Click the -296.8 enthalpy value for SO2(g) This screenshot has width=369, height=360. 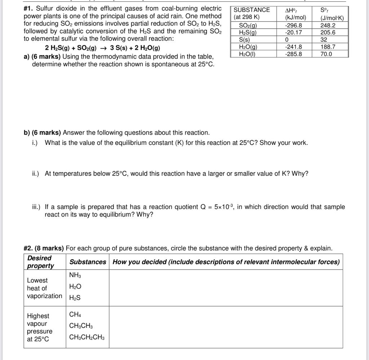(293, 25)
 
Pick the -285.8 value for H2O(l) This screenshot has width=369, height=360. (293, 54)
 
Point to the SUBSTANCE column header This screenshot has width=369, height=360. (252, 10)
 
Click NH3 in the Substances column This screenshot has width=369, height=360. (75, 275)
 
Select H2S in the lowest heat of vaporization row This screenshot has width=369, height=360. (75, 298)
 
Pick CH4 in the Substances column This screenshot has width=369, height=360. (75, 315)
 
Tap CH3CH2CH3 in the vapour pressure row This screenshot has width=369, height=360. (87, 337)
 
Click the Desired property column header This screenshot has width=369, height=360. (40, 262)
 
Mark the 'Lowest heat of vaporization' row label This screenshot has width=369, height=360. (44, 288)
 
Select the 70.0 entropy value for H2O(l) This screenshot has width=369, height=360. (326, 54)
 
